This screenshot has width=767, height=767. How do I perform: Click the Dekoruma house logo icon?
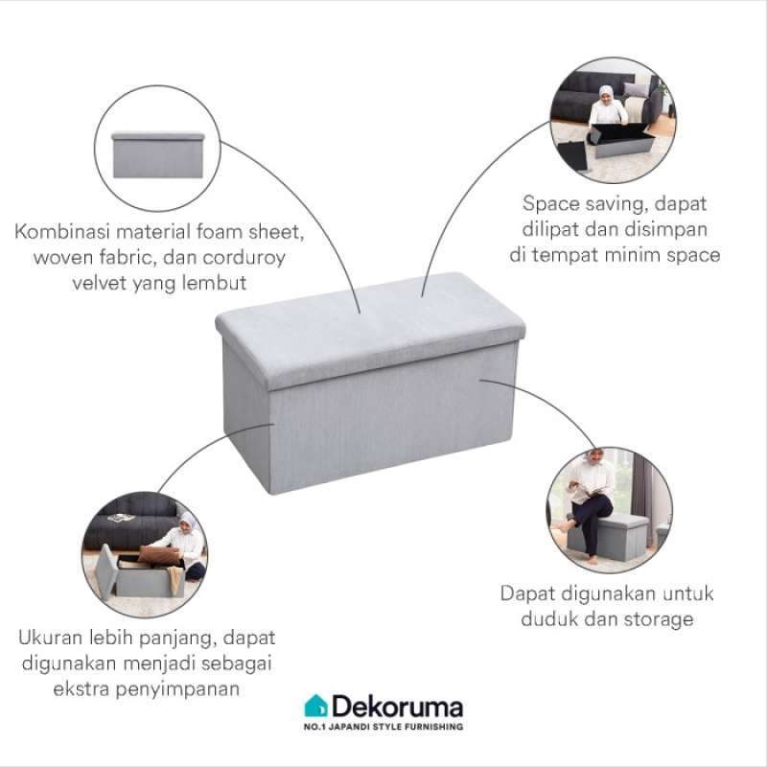click(315, 708)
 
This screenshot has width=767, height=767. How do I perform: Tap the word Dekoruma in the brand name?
click(396, 708)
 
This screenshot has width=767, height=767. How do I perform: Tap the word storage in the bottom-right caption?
click(658, 619)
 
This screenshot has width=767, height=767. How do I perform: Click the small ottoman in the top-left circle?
click(157, 154)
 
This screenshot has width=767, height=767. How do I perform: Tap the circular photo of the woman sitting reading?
click(610, 507)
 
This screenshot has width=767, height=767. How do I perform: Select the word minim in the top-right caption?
click(634, 255)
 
